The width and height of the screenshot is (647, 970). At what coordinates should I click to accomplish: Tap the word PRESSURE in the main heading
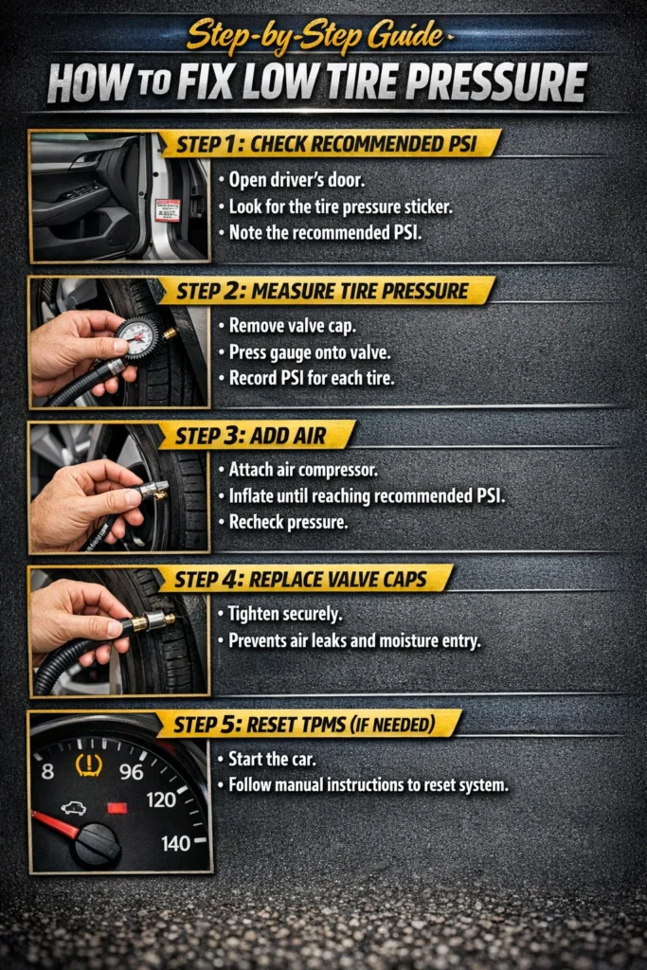click(477, 83)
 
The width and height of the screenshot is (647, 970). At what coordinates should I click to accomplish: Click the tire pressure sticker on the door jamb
click(168, 209)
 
